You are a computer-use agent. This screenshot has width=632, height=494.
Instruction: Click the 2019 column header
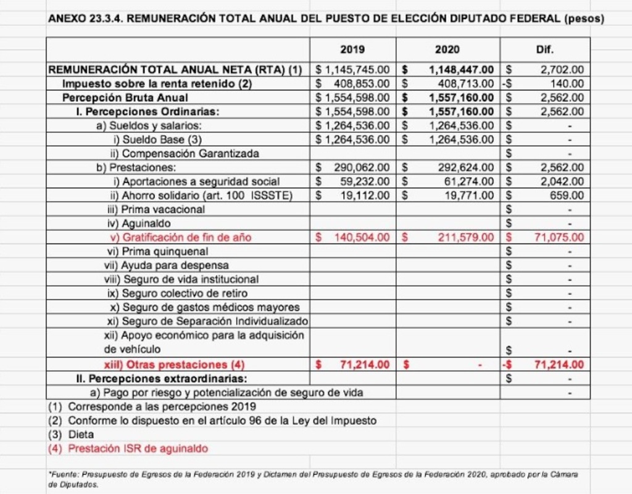coord(352,49)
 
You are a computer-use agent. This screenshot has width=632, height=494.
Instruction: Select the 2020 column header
coord(447,49)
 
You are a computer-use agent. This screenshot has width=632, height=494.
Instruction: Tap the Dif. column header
coord(545,49)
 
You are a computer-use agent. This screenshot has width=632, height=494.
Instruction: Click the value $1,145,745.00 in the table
coord(352,70)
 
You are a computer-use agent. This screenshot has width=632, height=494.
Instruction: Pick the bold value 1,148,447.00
coord(461,70)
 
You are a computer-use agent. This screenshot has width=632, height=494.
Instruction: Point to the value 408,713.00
coord(462,83)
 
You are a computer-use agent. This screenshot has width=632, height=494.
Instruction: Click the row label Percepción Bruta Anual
coord(125,97)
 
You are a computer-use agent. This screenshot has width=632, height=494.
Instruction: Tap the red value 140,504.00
coord(361,237)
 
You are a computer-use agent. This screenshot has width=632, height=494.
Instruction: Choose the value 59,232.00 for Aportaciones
coord(365,181)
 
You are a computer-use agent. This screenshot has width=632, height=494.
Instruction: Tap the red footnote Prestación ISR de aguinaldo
coord(138,448)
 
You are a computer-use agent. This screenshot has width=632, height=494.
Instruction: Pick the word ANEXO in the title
coord(66,19)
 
